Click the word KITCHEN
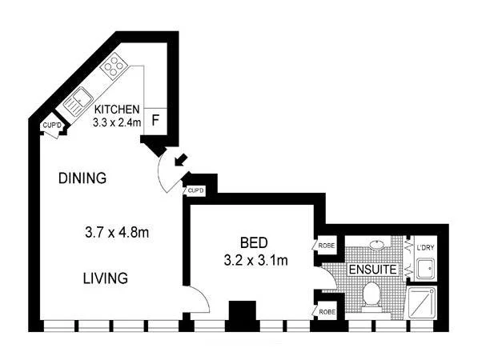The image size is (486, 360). (118, 110)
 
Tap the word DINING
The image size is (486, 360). (82, 178)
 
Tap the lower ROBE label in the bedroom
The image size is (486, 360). (326, 311)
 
